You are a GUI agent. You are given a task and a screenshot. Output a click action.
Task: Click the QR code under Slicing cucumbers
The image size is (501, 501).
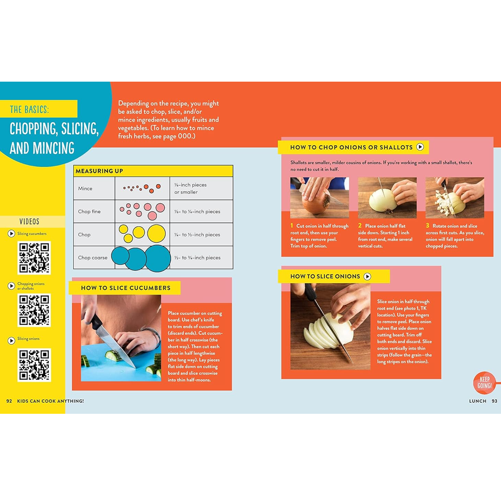[x=34, y=257]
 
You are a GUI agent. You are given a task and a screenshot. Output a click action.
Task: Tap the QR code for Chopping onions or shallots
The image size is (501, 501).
[x=34, y=310]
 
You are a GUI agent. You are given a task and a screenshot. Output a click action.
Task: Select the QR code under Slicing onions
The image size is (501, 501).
[x=34, y=365]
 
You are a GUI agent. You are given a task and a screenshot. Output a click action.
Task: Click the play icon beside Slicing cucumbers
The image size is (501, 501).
[x=11, y=233]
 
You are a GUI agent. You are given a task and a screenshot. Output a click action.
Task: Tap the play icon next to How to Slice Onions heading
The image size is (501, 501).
[x=367, y=276]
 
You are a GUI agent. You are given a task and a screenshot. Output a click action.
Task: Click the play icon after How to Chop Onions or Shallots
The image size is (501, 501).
[x=420, y=147]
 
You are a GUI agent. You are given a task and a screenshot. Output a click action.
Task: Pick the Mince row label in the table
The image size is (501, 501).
[x=85, y=188]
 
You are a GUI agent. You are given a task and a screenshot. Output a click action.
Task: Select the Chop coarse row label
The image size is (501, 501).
[x=93, y=257]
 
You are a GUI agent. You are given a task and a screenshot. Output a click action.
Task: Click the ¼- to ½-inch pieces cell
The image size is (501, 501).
[x=197, y=235]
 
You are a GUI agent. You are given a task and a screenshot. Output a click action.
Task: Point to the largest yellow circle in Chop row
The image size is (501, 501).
[x=156, y=233]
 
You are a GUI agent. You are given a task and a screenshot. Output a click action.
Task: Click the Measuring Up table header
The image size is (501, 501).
[x=99, y=171]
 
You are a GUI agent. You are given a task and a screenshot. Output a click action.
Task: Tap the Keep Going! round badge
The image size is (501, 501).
[x=484, y=382]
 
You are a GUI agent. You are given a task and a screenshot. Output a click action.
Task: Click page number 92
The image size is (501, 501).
[x=9, y=401]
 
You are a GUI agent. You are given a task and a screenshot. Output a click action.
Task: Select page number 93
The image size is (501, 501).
[x=495, y=401]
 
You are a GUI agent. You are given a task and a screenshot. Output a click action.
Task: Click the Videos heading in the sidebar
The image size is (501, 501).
[x=29, y=221]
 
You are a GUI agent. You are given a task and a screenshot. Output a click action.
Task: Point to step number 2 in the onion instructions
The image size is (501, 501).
[x=360, y=225]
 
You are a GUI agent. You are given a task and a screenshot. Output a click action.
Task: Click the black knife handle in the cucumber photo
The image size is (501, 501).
[x=96, y=321]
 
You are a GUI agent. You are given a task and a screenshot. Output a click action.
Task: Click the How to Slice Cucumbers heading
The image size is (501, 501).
[x=126, y=288]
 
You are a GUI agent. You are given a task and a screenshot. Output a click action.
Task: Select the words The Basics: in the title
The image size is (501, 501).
[x=29, y=109]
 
